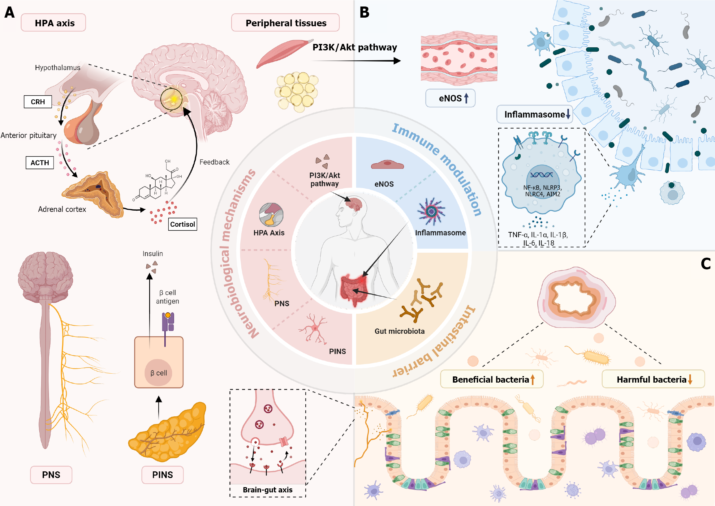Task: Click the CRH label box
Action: [38, 102]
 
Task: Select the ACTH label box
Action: [40, 163]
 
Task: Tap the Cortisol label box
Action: [182, 224]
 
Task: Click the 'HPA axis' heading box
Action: [53, 23]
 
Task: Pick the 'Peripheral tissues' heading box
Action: [285, 23]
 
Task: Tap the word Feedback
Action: [214, 162]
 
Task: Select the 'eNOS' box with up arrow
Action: [450, 98]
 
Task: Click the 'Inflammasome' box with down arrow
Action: [535, 115]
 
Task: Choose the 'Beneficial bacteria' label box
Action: [492, 379]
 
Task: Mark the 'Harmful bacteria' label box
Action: [653, 379]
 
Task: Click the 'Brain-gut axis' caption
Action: [267, 490]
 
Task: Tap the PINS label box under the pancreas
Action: [162, 475]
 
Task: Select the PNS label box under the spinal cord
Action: [51, 475]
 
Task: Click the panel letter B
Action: [364, 12]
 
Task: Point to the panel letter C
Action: [706, 264]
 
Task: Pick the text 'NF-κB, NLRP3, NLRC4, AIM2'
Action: [542, 191]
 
